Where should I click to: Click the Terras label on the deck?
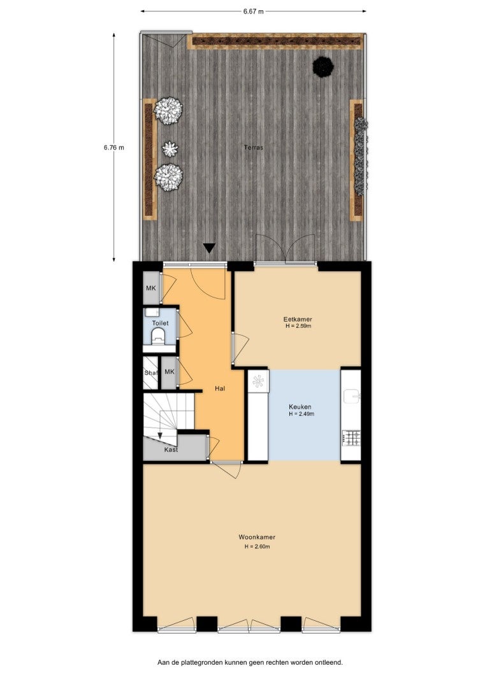coord(254,147)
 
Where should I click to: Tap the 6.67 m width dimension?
coord(253,11)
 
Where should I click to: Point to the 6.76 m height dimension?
coord(114,147)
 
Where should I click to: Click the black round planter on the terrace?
coord(323,66)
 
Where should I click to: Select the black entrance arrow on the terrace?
coord(210,248)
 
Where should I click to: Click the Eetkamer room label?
coord(298,320)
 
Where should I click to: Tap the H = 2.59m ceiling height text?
coord(298,326)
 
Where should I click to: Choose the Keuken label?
coord(300,407)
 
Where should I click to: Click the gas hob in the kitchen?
coord(351,438)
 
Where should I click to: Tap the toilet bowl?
coord(159,336)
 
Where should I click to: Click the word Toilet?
coord(161,323)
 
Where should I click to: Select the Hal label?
coord(220,388)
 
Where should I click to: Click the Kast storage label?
coord(171,450)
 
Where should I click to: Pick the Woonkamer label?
coord(257,537)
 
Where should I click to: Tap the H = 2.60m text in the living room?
coord(257,547)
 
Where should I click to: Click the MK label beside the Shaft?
coord(170,371)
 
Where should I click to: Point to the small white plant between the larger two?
coord(170,149)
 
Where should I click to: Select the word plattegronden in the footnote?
coord(203,662)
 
